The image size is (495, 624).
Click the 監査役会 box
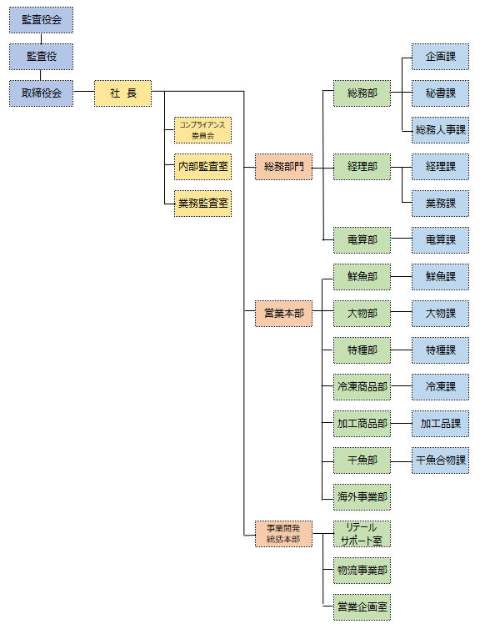coord(42,20)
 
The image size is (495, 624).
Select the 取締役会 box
coord(42,93)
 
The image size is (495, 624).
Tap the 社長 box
coord(122,93)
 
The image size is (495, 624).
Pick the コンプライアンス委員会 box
coord(202,130)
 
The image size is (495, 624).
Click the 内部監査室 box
coord(202,167)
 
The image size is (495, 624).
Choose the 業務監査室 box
coord(202,204)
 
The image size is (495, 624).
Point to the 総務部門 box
coord(284,167)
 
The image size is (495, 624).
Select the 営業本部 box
coord(284,314)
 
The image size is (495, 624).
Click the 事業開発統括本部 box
coord(284,534)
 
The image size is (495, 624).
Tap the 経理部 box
coord(362,167)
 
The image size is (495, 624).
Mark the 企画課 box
coord(441,57)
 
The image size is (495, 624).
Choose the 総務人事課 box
coord(441,130)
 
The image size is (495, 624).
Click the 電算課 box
coord(441,240)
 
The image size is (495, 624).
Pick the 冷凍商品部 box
coord(362,387)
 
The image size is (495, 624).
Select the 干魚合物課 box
coord(441,460)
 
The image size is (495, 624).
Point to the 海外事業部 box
coord(362,497)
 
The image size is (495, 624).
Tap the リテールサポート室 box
coord(362,534)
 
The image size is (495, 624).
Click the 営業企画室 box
coord(362,607)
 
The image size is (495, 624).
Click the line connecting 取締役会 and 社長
coord(84,92)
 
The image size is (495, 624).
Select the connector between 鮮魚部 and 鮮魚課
coord(401,277)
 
